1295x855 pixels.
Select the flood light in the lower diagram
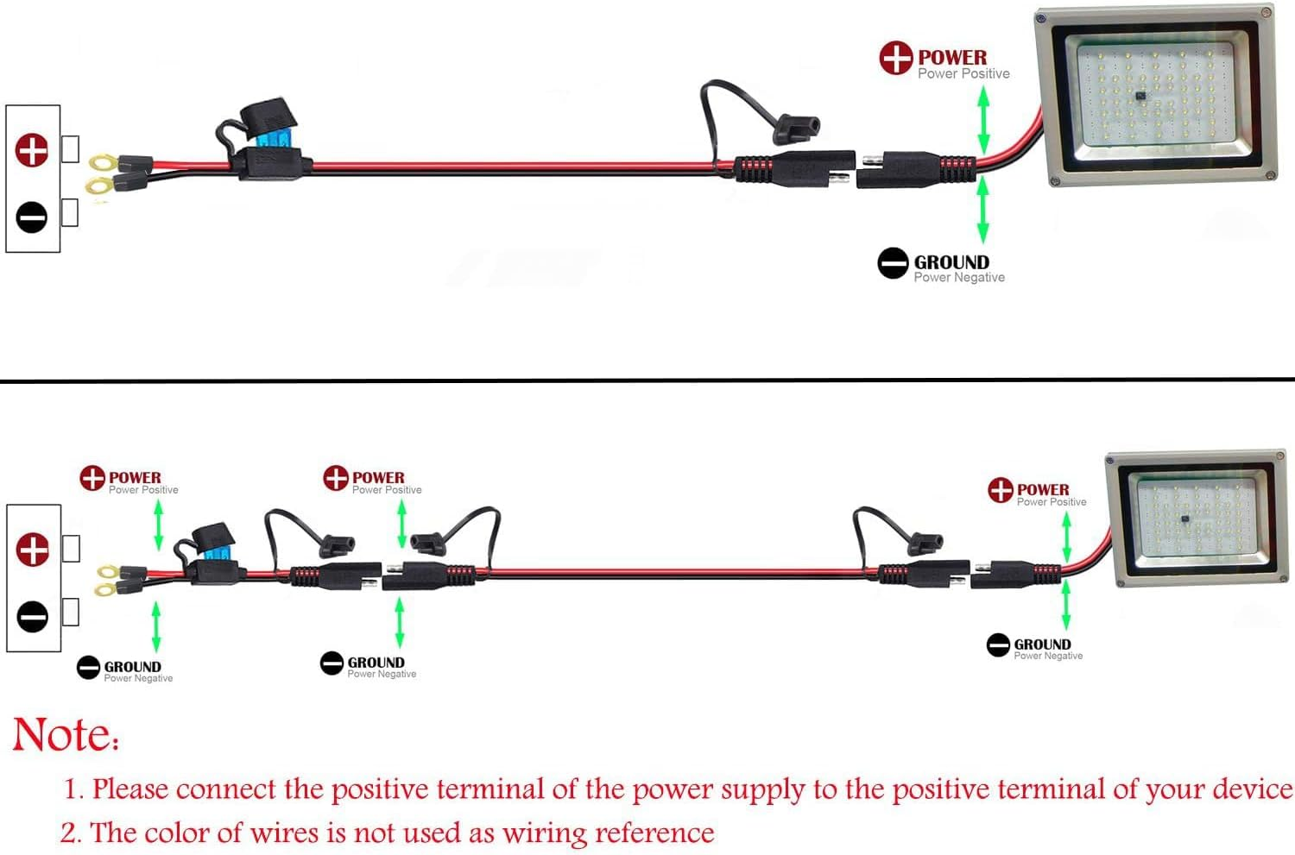coord(1195,517)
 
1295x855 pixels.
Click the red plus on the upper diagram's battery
coord(32,150)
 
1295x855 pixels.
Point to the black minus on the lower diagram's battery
coord(33,617)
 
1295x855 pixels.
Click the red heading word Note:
coord(66,736)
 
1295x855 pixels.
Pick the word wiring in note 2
coord(545,833)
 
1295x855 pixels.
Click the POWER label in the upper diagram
coord(951,57)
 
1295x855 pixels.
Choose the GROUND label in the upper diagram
coord(951,261)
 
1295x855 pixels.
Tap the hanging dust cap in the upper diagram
coord(797,130)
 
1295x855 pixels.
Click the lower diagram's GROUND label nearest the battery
coord(132,666)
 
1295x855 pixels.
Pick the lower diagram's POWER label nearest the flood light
coord(1043,489)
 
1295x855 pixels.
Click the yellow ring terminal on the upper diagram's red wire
coord(104,161)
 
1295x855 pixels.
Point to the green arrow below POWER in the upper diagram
coord(982,122)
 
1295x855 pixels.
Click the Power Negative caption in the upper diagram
coord(959,277)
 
